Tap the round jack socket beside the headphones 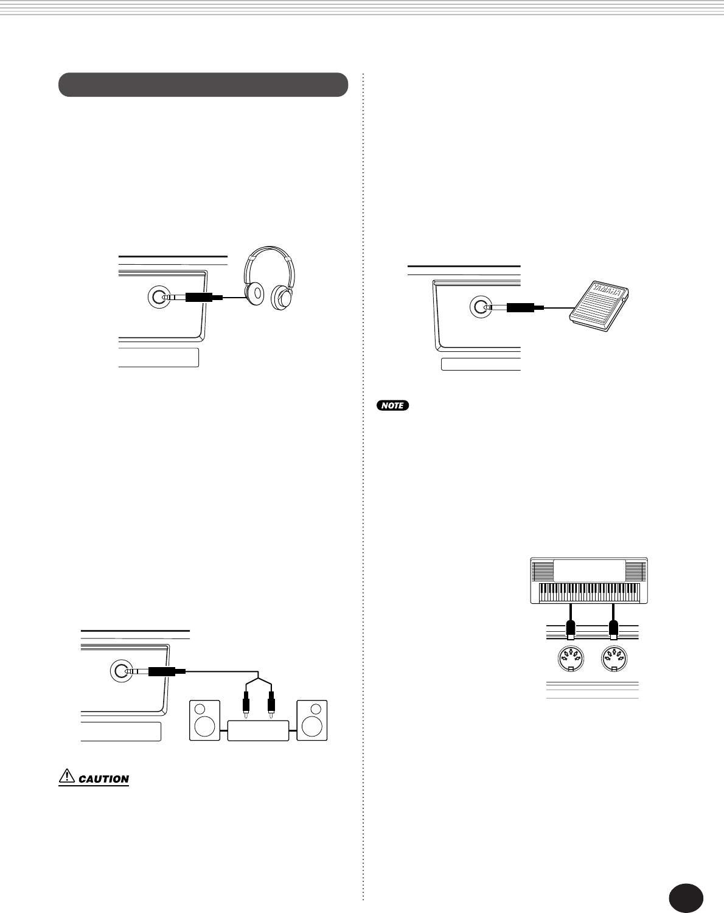coord(159,298)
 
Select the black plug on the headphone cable coord(198,298)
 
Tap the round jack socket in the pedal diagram coord(480,307)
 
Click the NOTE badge coord(392,405)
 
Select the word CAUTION coord(104,779)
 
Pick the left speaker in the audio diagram coord(205,721)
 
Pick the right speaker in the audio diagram coord(312,721)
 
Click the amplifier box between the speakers coord(258,730)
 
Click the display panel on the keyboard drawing coord(589,570)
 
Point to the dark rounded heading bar coord(203,85)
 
